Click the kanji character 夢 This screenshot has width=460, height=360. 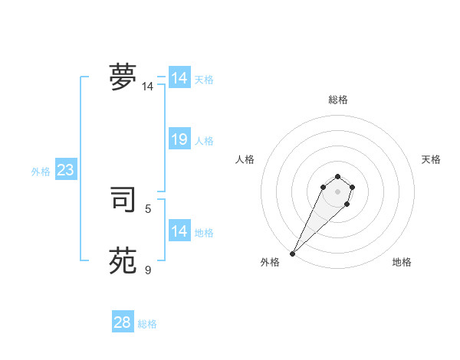click(122, 77)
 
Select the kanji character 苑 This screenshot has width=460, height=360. click(122, 260)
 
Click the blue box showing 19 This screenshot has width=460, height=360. click(179, 139)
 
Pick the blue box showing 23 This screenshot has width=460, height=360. click(65, 170)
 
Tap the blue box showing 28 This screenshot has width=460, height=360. click(123, 322)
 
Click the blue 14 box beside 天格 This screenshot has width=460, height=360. click(179, 78)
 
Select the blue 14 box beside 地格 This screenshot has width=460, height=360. click(179, 231)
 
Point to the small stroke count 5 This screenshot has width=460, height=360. click(148, 208)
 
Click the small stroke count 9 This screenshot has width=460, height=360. click(148, 270)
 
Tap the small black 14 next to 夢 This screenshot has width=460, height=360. click(147, 87)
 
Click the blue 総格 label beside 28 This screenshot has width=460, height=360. click(147, 324)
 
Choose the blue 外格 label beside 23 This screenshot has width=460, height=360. click(41, 172)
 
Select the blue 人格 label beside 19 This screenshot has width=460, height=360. click(204, 141)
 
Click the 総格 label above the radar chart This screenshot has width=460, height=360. click(337, 100)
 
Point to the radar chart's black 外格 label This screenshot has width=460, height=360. click(270, 262)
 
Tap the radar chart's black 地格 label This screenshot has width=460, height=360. click(402, 262)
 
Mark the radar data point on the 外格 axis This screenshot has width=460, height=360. click(293, 253)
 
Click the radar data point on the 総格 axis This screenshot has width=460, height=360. click(337, 177)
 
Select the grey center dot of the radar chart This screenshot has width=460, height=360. click(337, 191)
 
